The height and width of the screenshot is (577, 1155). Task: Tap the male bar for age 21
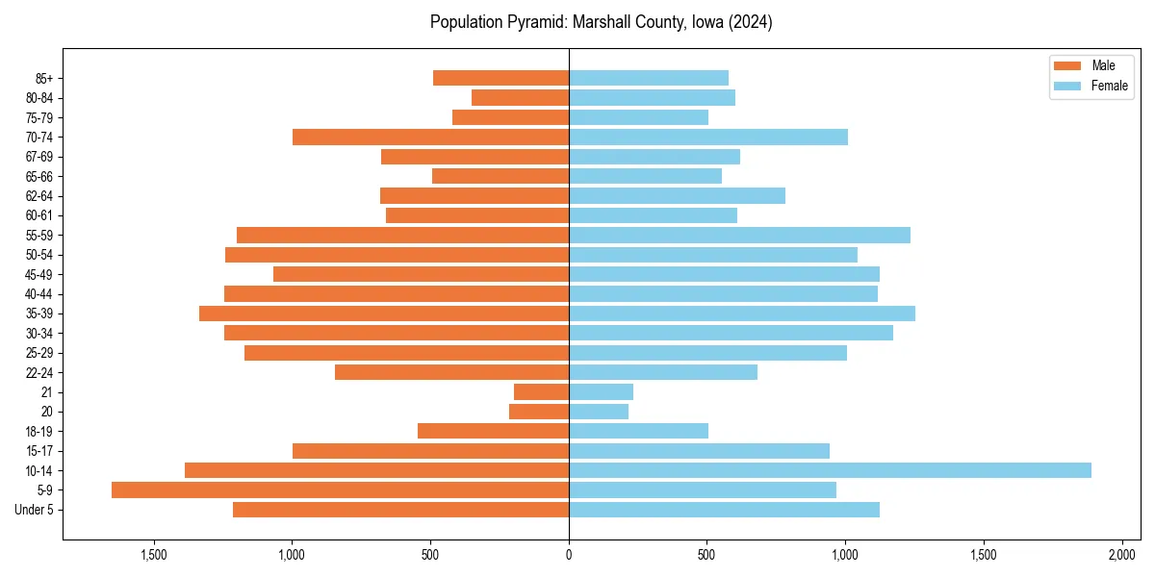541,391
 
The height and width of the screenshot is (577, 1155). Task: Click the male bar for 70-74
430,137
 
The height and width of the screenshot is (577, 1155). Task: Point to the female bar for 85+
649,78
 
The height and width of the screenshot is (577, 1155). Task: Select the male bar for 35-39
384,314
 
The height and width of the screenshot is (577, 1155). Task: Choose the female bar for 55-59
739,235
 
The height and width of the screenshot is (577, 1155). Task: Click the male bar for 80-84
520,97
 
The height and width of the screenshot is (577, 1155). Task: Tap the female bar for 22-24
663,372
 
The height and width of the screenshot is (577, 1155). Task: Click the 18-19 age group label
39,431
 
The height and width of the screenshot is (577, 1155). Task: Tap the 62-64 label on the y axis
39,196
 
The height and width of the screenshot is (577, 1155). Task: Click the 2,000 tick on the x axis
1122,555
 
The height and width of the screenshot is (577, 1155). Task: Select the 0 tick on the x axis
569,555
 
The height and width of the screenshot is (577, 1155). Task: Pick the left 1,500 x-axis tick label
154,555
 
